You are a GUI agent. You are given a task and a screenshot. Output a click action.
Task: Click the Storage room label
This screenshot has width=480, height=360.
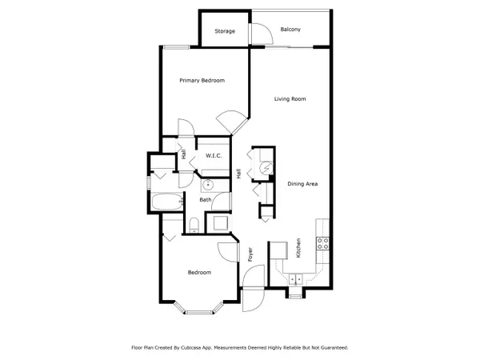tap(225, 31)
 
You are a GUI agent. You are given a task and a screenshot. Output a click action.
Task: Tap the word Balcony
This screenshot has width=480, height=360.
tap(290, 30)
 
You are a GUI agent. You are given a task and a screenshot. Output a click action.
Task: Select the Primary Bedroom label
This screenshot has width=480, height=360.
tap(202, 81)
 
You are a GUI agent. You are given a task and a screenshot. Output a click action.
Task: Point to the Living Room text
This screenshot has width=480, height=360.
tap(290, 99)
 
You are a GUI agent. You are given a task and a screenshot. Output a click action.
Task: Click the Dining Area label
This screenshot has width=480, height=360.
tap(303, 184)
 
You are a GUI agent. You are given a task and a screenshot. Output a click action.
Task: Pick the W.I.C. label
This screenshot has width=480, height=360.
tap(214, 155)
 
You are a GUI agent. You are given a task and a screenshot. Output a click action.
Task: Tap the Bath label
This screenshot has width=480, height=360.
tap(206, 200)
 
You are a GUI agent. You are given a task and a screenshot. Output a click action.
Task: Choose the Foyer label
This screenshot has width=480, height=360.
tap(250, 254)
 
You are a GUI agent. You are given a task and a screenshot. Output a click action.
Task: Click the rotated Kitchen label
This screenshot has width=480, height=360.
tap(298, 248)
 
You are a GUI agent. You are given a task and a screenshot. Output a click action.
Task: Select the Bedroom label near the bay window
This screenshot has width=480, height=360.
tap(199, 273)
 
